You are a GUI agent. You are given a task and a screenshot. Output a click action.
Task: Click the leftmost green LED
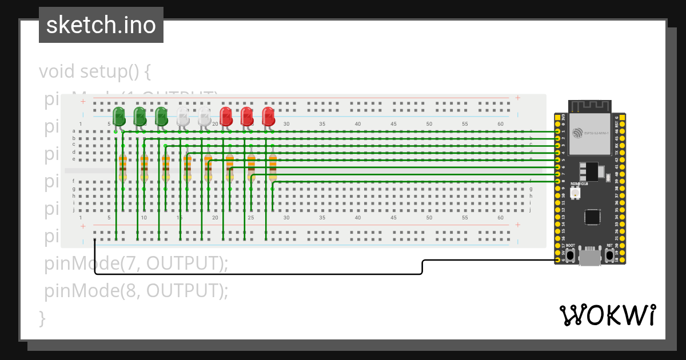tap(119, 116)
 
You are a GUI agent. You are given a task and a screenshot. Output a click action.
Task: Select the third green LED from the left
tap(162, 116)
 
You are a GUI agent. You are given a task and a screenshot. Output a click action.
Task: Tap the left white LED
tap(183, 116)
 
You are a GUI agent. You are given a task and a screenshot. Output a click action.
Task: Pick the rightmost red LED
tap(268, 116)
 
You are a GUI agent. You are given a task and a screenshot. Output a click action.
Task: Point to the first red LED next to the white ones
tap(226, 116)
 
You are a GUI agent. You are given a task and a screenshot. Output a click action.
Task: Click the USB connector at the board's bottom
tap(589, 258)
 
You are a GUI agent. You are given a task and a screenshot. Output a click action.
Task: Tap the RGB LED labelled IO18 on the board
tap(575, 193)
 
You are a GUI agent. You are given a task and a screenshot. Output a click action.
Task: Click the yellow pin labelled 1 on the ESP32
tap(557, 131)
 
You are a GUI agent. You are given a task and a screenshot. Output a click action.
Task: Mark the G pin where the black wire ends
tap(557, 261)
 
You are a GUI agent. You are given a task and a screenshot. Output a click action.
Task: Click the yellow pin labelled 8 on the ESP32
tap(557, 182)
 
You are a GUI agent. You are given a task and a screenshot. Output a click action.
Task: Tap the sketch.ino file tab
tap(101, 25)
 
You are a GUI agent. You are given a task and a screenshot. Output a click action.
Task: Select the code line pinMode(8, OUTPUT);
tap(136, 291)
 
